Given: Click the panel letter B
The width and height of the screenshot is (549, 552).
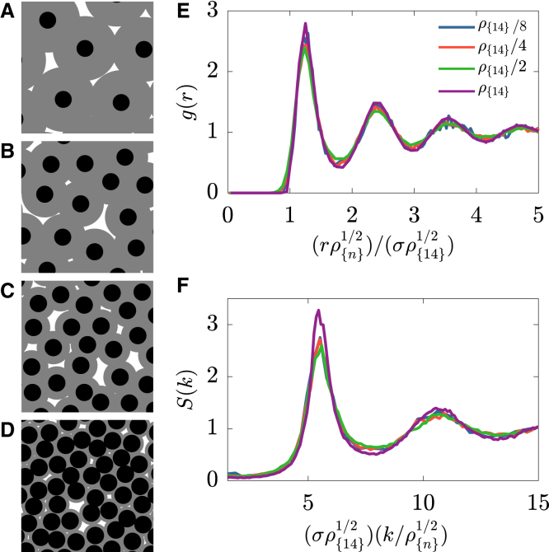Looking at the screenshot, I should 7,149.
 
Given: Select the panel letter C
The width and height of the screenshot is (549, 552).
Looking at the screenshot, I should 7,289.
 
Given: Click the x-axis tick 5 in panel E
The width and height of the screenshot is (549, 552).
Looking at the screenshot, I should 537,212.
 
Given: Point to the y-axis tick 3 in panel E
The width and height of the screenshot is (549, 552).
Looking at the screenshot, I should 213,10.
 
